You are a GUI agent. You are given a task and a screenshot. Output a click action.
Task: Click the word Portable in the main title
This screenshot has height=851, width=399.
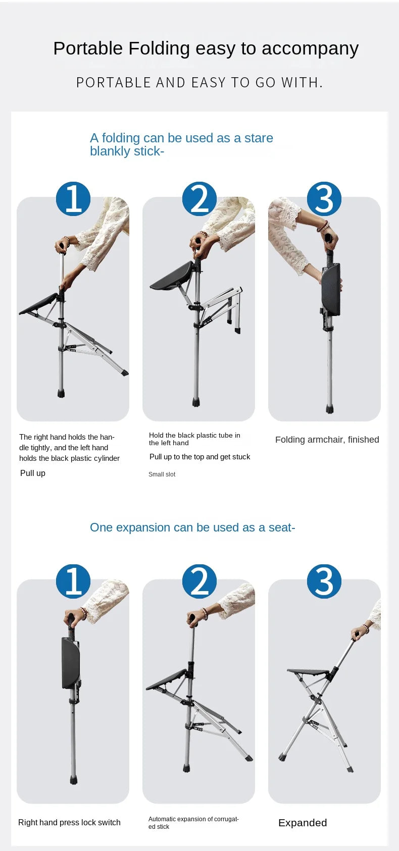[88, 48]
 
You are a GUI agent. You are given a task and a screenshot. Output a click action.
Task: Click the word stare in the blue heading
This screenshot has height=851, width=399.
[259, 138]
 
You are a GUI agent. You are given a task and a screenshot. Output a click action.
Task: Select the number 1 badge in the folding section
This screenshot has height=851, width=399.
[73, 199]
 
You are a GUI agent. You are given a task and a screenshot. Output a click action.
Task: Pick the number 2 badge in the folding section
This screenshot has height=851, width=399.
[199, 199]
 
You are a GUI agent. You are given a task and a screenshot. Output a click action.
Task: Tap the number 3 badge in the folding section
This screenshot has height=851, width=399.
[324, 199]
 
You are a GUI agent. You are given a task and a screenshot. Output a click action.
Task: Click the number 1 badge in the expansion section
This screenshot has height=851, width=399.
[73, 581]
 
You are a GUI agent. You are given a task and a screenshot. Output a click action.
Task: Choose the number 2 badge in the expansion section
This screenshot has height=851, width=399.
[199, 581]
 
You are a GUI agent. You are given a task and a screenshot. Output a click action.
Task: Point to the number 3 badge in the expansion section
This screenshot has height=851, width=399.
[324, 581]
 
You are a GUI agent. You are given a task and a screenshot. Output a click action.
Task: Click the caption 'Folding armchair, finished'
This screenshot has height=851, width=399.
[327, 440]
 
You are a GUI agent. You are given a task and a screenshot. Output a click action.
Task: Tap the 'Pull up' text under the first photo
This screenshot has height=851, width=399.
[33, 473]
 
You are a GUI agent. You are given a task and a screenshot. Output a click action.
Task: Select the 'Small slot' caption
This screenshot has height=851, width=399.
[162, 474]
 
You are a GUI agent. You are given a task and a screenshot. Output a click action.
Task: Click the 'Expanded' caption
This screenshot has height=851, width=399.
[303, 823]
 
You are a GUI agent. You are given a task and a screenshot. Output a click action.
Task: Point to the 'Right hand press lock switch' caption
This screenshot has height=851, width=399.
[69, 823]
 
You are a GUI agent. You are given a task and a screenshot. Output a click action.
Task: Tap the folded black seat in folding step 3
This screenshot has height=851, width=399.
[331, 290]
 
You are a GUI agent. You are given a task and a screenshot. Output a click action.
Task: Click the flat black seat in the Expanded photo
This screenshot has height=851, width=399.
[308, 672]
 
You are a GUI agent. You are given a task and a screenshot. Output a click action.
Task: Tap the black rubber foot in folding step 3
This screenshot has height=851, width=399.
[329, 409]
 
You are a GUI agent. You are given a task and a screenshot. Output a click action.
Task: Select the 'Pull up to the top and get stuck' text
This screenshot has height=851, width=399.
[200, 457]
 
